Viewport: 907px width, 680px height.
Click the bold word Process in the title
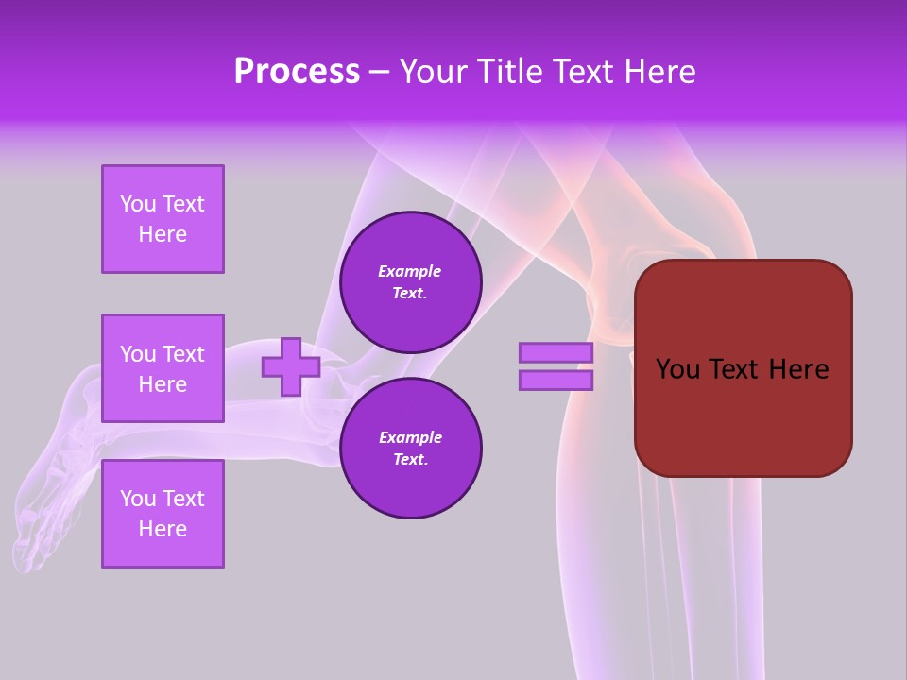point(297,72)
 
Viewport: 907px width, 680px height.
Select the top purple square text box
point(163,219)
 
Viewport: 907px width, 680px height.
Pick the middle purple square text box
point(163,368)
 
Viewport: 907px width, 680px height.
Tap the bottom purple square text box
point(163,514)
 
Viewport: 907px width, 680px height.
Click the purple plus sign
point(291,366)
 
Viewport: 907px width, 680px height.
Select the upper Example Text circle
point(410,282)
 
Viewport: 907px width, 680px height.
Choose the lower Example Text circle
point(410,449)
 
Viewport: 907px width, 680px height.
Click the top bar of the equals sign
point(556,352)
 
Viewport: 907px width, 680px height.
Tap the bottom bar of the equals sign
point(556,380)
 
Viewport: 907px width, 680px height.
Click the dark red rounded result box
point(743,416)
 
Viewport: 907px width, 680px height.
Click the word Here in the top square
point(163,234)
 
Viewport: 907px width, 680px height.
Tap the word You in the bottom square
point(138,499)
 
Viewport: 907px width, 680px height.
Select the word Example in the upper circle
point(410,271)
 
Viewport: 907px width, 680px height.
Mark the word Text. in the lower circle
point(410,460)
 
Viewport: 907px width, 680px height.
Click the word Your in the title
point(431,72)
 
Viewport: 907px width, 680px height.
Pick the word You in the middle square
point(138,354)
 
